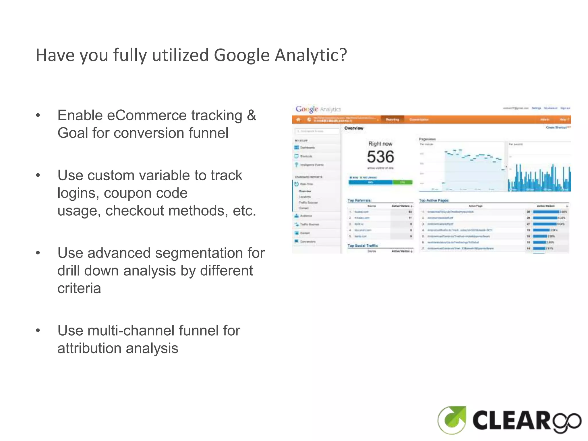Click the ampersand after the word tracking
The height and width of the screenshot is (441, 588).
click(x=251, y=115)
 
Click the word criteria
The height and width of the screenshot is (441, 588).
click(x=79, y=288)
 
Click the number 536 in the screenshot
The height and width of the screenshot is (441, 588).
click(x=380, y=157)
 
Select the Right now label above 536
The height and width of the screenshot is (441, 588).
click(x=380, y=144)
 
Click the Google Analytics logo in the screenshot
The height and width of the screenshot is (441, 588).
click(x=318, y=109)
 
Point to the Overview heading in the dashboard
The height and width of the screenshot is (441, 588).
click(x=354, y=128)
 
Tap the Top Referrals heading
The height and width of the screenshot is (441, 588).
click(x=359, y=200)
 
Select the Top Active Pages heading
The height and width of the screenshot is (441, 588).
click(x=434, y=200)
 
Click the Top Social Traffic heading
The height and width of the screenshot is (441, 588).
click(x=363, y=245)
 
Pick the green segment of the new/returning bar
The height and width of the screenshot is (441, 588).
click(x=402, y=182)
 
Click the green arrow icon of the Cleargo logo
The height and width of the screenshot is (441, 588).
click(x=452, y=419)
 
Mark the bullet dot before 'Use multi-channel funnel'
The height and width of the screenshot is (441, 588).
click(x=38, y=330)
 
